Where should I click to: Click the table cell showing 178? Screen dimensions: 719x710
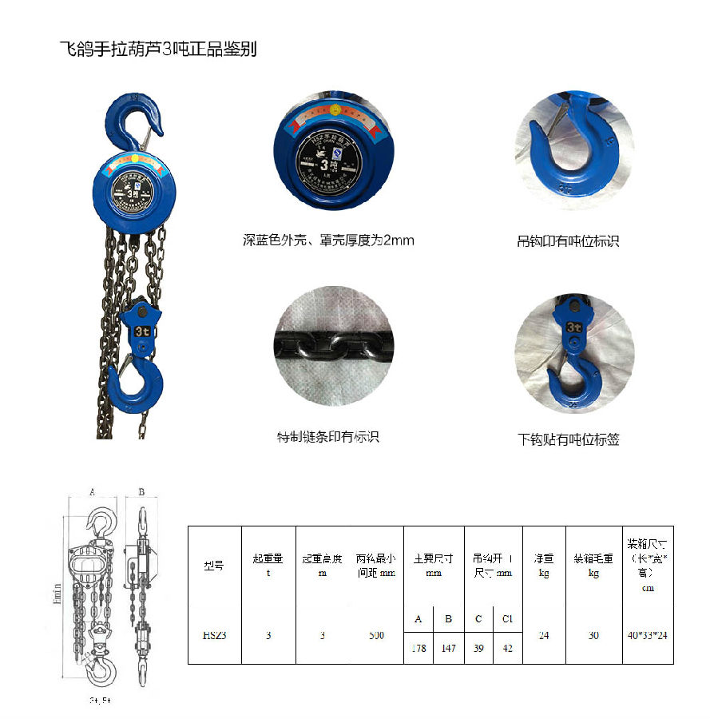click(x=418, y=648)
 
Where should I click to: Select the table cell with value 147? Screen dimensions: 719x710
click(x=448, y=648)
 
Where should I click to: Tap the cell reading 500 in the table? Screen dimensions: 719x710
click(x=377, y=635)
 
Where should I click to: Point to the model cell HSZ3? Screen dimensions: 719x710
click(x=214, y=635)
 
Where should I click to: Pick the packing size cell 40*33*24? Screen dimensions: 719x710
click(x=647, y=635)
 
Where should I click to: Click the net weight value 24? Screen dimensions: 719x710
click(x=544, y=635)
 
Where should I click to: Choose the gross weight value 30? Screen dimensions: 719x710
click(x=593, y=635)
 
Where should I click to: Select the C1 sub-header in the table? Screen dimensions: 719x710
click(x=507, y=619)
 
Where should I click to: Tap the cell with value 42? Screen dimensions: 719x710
click(x=507, y=648)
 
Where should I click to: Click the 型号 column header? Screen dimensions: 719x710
click(x=214, y=566)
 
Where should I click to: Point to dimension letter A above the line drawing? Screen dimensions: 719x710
click(x=93, y=493)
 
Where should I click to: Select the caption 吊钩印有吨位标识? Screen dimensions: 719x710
click(x=568, y=240)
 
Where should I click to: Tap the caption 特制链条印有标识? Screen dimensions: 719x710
click(x=327, y=437)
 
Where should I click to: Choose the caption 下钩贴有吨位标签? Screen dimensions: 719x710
click(x=568, y=439)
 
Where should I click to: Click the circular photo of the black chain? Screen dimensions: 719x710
click(x=333, y=345)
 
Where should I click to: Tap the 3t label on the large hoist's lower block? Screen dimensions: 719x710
click(x=144, y=329)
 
